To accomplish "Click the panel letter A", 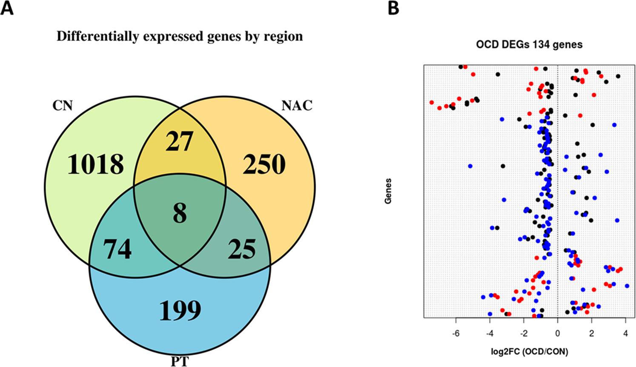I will click(x=7, y=8).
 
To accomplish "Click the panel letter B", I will click(x=393, y=8).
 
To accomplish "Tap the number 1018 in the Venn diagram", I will click(x=96, y=164).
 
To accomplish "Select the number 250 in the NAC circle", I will click(x=264, y=164).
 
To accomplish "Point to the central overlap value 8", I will click(x=180, y=213).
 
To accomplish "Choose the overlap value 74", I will click(x=117, y=249).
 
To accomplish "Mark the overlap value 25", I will click(x=242, y=249).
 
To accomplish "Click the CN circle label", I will click(x=63, y=105).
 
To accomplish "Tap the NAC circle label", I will click(x=297, y=105).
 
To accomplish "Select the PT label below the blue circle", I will click(x=179, y=362).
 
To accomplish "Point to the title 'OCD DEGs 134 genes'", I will click(x=529, y=44).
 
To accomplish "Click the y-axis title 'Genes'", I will click(x=388, y=191).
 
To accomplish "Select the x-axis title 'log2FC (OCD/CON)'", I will click(x=528, y=352).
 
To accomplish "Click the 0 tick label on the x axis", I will click(x=558, y=333).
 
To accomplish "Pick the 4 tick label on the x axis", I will click(x=625, y=333).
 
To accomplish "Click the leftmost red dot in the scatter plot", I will click(x=432, y=103).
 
